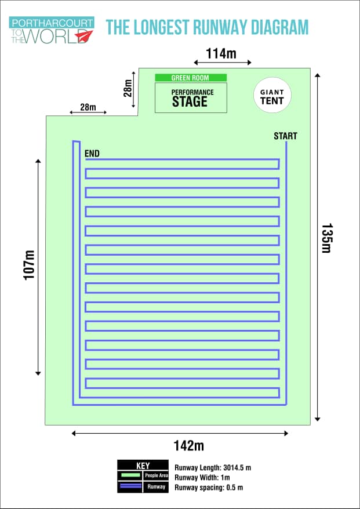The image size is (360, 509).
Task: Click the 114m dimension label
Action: click(221, 53)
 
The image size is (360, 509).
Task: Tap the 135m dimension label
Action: click(326, 238)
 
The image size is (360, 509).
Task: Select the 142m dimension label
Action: click(188, 446)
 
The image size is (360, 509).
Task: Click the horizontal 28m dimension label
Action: click(88, 107)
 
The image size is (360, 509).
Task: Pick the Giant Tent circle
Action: click(272, 95)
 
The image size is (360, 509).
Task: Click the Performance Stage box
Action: click(191, 98)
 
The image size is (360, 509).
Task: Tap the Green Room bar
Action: click(191, 78)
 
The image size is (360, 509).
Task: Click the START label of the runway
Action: click(285, 136)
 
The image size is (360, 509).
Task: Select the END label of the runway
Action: click(92, 154)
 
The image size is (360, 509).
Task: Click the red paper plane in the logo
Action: click(84, 35)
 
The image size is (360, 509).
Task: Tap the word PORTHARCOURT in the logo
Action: click(52, 23)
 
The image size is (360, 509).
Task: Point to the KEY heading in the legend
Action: click(143, 466)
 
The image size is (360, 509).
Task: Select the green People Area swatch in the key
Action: click(130, 475)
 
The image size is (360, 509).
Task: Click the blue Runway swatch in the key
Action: click(130, 486)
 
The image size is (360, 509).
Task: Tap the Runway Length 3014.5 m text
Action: click(213, 467)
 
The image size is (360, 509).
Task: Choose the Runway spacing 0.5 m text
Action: click(209, 487)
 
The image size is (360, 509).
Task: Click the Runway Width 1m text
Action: click(202, 478)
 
